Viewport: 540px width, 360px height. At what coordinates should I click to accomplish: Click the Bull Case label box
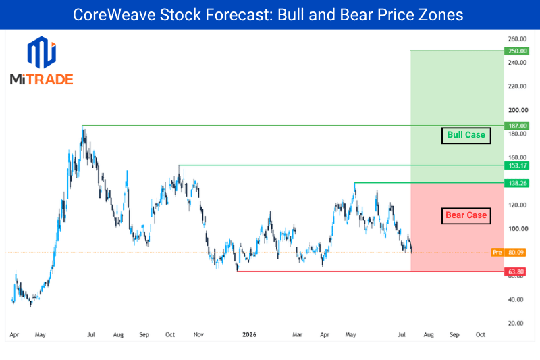[x=466, y=135]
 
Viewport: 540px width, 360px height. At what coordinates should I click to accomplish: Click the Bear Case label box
[x=466, y=215]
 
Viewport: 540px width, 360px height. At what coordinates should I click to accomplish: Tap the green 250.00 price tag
[x=516, y=51]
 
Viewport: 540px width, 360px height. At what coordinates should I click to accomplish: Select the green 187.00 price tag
[x=516, y=126]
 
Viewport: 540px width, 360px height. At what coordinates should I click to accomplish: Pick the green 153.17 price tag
[x=516, y=165]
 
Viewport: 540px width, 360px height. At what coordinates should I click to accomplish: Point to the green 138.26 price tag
[x=516, y=183]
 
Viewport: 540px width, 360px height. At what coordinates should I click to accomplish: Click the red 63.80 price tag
[x=515, y=272]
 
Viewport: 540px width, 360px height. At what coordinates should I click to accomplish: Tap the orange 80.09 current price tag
[x=515, y=253]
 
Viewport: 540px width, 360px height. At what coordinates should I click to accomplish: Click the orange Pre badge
[x=497, y=253]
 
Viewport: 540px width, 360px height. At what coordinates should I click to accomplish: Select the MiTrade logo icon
[x=42, y=53]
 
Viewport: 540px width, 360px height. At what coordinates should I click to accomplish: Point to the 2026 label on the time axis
[x=249, y=334]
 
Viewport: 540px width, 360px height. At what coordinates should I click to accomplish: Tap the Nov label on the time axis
[x=198, y=334]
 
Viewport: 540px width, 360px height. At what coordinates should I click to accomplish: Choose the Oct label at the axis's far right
[x=481, y=334]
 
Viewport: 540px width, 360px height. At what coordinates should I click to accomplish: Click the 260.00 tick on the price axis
[x=517, y=39]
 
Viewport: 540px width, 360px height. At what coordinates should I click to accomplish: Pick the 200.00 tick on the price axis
[x=518, y=110]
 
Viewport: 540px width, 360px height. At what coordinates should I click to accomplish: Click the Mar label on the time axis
[x=297, y=334]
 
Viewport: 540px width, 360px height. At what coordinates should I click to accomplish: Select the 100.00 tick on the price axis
[x=518, y=229]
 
